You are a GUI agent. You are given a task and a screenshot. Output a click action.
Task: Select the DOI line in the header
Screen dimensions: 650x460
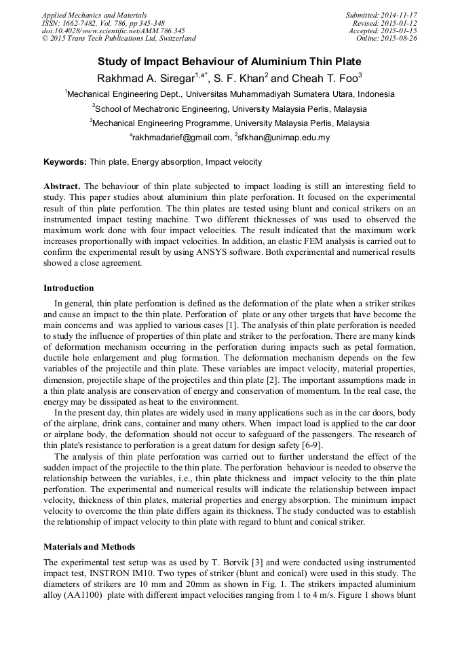[x=113, y=31]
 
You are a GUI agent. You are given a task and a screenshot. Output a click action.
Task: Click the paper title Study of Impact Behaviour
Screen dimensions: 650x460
[x=229, y=60]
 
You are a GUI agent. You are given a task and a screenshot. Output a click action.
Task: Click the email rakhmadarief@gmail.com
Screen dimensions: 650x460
[x=181, y=138]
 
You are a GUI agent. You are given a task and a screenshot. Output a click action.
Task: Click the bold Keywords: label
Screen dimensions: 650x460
[x=65, y=163]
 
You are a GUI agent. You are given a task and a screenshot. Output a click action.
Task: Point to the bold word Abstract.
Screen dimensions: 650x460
[x=62, y=186]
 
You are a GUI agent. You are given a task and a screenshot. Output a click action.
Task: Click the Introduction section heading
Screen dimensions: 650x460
[x=69, y=287]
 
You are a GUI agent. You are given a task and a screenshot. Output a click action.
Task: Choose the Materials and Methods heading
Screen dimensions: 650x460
[x=89, y=546]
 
